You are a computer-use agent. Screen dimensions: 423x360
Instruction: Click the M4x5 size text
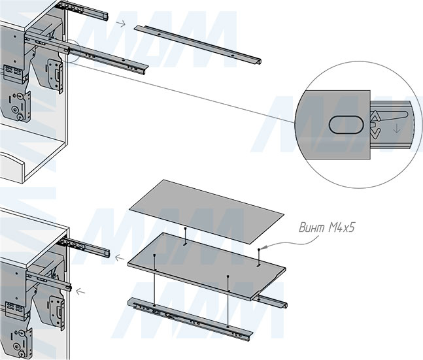coord(341,228)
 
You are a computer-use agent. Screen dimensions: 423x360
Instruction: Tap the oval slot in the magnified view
coord(347,125)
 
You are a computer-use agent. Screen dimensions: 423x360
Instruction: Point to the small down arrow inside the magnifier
coord(396,129)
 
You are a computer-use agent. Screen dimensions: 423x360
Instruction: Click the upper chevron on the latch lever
coord(375,117)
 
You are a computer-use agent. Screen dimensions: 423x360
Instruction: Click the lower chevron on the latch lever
coord(375,133)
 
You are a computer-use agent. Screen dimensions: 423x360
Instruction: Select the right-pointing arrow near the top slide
coord(121,24)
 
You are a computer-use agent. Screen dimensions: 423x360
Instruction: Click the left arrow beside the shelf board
coord(120,258)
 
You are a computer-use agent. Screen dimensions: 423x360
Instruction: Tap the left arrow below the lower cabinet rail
coord(80,291)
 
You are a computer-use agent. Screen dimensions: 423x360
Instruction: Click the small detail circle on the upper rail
coord(69,51)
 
